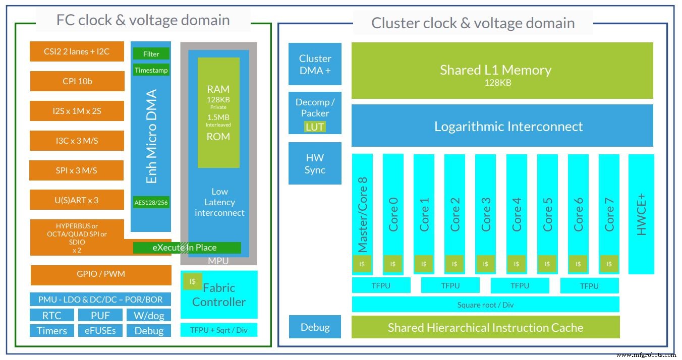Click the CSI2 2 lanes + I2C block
pyautogui.click(x=77, y=51)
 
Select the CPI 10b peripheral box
pyautogui.click(x=77, y=81)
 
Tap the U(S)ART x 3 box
pyautogui.click(x=77, y=200)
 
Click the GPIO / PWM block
pyautogui.click(x=101, y=275)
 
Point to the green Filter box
pyautogui.click(x=151, y=54)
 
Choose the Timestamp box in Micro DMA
pyautogui.click(x=151, y=70)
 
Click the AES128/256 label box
pyautogui.click(x=151, y=203)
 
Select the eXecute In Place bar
pyautogui.click(x=187, y=248)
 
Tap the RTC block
pyautogui.click(x=51, y=316)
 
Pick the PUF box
pyautogui.click(x=100, y=316)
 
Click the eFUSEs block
pyautogui.click(x=100, y=331)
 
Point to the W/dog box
pyautogui.click(x=149, y=316)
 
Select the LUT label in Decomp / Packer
pyautogui.click(x=315, y=127)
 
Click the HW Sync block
pyautogui.click(x=315, y=163)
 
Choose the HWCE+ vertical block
pyautogui.click(x=641, y=214)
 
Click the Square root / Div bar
pyautogui.click(x=485, y=305)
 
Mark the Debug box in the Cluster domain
pyautogui.click(x=315, y=327)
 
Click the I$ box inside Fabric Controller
pyautogui.click(x=192, y=281)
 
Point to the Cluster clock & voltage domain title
pyautogui.click(x=473, y=23)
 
